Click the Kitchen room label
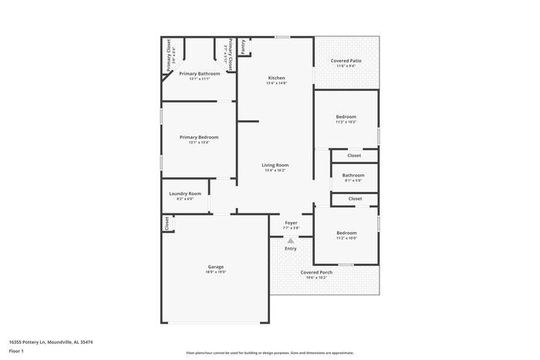click(x=276, y=79)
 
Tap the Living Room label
click(x=275, y=165)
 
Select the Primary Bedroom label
click(x=194, y=137)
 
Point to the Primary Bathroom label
click(x=199, y=74)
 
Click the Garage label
click(x=215, y=267)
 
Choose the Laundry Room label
click(x=185, y=193)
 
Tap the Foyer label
click(x=291, y=223)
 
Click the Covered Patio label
click(x=346, y=60)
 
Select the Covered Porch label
click(x=316, y=272)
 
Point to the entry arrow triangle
click(x=291, y=240)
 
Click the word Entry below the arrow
click(x=291, y=248)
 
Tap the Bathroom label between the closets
click(x=353, y=175)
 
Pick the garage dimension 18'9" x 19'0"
click(x=215, y=272)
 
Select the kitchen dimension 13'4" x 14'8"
click(x=276, y=83)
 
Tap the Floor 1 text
click(x=16, y=351)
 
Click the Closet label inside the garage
click(x=167, y=223)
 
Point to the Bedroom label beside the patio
click(x=346, y=116)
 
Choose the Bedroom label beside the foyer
click(x=346, y=233)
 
